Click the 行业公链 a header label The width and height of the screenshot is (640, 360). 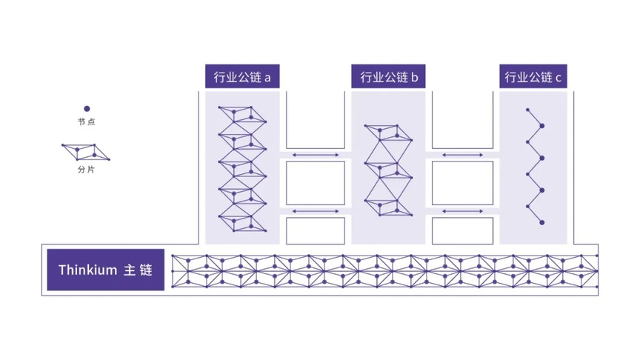242,76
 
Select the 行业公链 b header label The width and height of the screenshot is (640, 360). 388,76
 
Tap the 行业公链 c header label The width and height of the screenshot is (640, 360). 533,76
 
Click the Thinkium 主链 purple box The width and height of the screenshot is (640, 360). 106,270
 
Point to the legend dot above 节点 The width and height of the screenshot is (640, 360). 87,109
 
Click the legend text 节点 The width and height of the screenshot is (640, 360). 87,121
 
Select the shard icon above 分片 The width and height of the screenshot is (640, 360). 86,152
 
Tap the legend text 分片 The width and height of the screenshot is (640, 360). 87,170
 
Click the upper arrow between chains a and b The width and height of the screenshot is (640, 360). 316,155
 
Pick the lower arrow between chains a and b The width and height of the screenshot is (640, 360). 316,211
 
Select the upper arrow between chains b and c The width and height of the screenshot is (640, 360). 462,155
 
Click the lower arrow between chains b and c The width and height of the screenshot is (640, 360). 462,211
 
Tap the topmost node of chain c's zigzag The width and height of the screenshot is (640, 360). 527,110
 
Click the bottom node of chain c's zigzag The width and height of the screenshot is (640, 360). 542,222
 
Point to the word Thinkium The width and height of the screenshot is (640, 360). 87,270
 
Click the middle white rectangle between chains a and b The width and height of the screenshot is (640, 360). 316,183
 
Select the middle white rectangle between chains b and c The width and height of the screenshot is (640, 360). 462,183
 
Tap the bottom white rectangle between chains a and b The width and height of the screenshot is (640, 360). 316,230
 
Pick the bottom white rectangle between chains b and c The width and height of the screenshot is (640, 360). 462,230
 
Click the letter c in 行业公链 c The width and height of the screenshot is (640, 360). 559,78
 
